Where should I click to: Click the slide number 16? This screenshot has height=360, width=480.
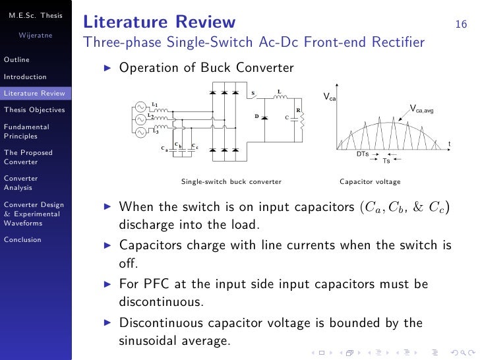[461, 25]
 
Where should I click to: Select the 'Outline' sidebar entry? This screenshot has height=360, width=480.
[16, 60]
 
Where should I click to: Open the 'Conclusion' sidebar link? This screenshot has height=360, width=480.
[22, 239]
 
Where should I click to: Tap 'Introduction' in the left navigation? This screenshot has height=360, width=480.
[25, 76]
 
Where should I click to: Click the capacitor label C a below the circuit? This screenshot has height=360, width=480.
[164, 149]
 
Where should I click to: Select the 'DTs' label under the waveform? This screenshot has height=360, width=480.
[362, 153]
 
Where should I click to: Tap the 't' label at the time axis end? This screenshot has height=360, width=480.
[449, 144]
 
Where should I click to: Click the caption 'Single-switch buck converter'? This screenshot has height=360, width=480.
[231, 181]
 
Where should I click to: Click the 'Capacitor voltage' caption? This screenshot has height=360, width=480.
[369, 181]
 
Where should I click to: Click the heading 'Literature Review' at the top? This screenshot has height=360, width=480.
[160, 22]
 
